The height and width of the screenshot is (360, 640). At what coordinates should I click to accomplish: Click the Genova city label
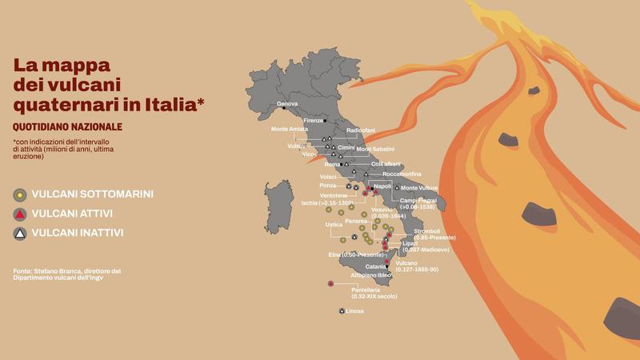coord(287,105)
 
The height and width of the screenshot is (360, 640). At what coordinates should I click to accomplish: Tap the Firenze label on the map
coord(313,121)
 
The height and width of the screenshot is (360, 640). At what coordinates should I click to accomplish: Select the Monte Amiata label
coord(290,130)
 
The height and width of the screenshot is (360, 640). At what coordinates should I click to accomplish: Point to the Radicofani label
coord(361,130)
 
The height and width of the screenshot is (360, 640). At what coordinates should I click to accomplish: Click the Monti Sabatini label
coord(374,150)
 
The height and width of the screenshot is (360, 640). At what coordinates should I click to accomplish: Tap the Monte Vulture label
coord(418,188)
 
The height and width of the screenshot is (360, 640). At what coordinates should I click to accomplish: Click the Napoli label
coord(382,186)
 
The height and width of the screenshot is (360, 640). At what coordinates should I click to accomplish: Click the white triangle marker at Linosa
coord(342,310)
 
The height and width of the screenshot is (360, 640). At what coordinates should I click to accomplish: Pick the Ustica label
coord(334,225)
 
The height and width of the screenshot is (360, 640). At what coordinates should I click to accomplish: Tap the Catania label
coord(376,266)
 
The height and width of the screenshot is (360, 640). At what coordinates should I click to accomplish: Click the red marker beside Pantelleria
coord(330,283)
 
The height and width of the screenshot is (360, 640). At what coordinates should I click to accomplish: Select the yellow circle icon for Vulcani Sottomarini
coord(19,194)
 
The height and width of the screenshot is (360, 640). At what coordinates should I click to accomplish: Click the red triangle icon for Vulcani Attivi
coord(19,214)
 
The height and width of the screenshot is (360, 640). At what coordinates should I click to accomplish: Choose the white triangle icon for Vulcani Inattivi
coord(19,233)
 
